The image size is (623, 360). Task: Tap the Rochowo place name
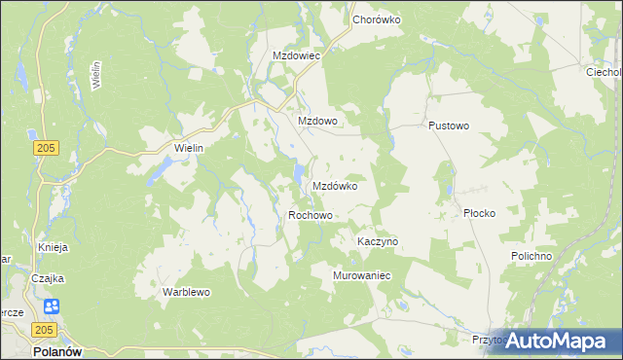[311, 215]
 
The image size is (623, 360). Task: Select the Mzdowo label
[316, 121]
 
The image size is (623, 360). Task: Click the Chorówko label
[377, 19]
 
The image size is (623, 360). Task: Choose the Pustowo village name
[449, 126]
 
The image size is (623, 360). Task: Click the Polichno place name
[531, 256]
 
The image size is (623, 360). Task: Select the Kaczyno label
[378, 241]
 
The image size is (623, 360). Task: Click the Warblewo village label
[186, 292]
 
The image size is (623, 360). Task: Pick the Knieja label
[53, 247]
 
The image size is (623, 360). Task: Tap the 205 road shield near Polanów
[51, 332]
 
